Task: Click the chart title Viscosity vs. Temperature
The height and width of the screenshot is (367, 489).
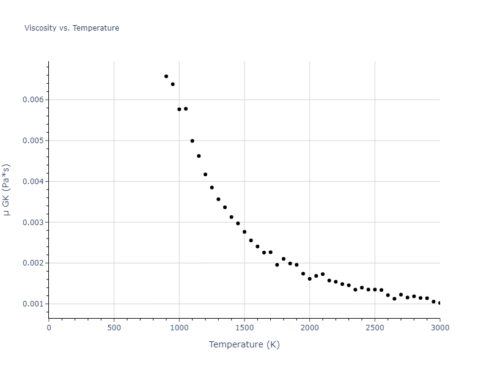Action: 72,28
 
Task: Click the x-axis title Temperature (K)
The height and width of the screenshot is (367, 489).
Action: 244,344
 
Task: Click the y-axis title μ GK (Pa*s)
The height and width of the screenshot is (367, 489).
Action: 7,190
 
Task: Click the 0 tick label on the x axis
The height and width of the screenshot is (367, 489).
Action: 49,327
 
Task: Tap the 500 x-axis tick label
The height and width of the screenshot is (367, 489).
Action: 114,327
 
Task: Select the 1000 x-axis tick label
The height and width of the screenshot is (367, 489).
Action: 179,327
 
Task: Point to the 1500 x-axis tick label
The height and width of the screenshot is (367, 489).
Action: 244,327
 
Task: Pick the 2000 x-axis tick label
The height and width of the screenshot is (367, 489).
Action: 309,327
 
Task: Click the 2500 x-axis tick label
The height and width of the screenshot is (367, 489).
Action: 375,327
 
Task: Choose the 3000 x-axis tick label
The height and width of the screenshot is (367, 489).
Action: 439,327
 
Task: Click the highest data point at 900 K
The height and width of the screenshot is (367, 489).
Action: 166,76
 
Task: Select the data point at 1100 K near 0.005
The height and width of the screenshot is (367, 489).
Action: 192,141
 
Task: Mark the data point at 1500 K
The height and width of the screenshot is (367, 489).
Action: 244,232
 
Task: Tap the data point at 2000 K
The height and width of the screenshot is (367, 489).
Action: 309,279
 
